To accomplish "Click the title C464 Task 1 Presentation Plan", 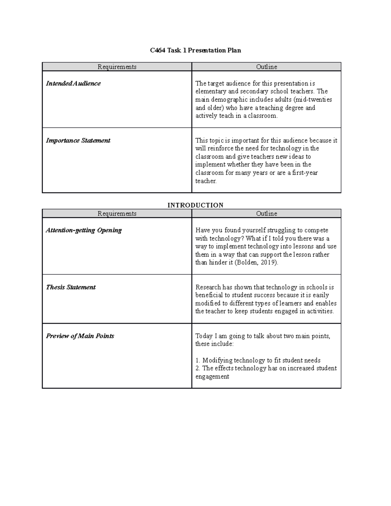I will [195, 51].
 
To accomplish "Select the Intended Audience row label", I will [73, 84].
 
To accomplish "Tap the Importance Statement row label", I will [78, 141].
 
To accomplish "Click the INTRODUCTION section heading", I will [195, 205].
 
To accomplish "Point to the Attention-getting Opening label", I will [84, 230].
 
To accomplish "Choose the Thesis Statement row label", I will [71, 287].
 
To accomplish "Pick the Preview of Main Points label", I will [80, 336].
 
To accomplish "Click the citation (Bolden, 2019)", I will [256, 263].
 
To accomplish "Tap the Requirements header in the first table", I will [117, 67].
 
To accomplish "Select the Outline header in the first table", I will [267, 67].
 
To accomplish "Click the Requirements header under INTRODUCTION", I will [117, 214].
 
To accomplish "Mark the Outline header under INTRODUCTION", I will [267, 214].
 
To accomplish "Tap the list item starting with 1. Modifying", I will [258, 360].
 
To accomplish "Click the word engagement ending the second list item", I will [212, 377].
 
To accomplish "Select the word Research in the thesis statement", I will [208, 287].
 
